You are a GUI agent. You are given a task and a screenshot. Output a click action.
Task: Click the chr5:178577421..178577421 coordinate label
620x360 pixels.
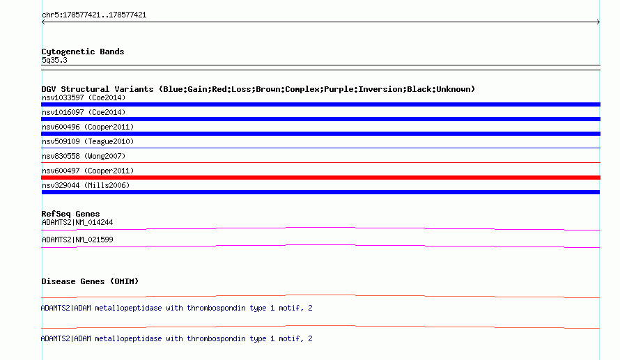point(94,15)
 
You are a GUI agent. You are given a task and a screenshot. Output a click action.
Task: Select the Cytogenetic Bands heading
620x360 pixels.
point(83,52)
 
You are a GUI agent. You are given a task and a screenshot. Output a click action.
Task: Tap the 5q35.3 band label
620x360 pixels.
point(54,60)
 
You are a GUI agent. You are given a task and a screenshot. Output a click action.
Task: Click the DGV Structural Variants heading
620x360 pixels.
point(258,89)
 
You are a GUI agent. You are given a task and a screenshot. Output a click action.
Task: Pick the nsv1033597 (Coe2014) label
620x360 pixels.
point(84,97)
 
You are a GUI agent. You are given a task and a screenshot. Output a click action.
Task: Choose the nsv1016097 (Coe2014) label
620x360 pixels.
point(84,112)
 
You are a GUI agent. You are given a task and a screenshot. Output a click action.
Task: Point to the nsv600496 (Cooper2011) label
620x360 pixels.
point(88,127)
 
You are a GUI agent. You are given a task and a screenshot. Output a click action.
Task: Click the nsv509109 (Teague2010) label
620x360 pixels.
point(88,141)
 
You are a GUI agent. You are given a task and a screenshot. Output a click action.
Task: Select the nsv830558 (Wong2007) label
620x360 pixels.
point(84,156)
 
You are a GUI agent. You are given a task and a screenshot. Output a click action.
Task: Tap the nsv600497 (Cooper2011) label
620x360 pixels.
point(88,171)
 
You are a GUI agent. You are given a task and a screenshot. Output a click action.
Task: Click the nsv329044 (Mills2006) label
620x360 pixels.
point(86,185)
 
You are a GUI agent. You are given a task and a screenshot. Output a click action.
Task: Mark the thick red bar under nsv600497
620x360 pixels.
point(320,178)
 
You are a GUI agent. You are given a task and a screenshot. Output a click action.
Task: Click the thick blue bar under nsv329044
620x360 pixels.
point(320,192)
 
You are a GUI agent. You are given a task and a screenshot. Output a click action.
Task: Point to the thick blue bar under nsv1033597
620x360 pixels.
point(320,104)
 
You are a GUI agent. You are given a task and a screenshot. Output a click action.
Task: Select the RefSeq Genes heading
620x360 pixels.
point(70,214)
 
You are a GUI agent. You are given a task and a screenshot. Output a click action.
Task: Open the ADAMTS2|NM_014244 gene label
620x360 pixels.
point(77,223)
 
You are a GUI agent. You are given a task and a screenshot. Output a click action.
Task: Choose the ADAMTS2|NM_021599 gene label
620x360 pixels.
point(77,240)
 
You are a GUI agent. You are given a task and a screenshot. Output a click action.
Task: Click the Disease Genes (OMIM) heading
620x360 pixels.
point(90,281)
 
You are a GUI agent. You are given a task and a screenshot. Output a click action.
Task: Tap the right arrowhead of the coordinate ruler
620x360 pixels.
point(598,22)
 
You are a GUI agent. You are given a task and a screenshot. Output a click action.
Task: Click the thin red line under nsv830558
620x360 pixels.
point(320,162)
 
